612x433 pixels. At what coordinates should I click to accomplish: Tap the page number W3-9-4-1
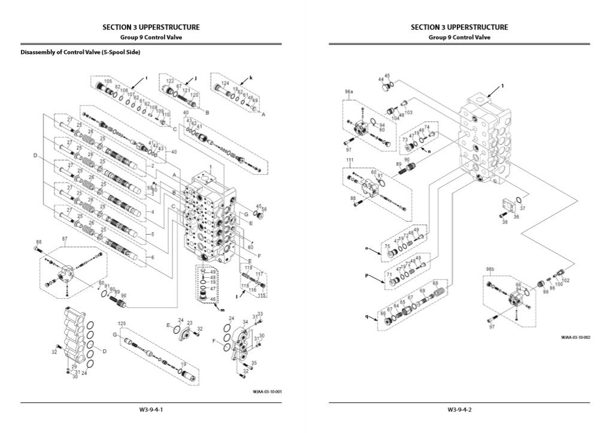(x=151, y=410)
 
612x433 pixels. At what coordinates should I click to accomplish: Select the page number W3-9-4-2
(x=459, y=410)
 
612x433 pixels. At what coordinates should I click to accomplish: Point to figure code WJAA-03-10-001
(x=268, y=392)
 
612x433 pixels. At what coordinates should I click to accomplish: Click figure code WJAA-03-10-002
(x=575, y=337)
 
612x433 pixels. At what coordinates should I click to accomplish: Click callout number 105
(x=108, y=81)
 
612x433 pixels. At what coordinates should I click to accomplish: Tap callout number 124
(x=225, y=83)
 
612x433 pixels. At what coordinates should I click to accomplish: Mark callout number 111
(x=350, y=161)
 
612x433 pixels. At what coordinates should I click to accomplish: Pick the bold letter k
(x=251, y=78)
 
